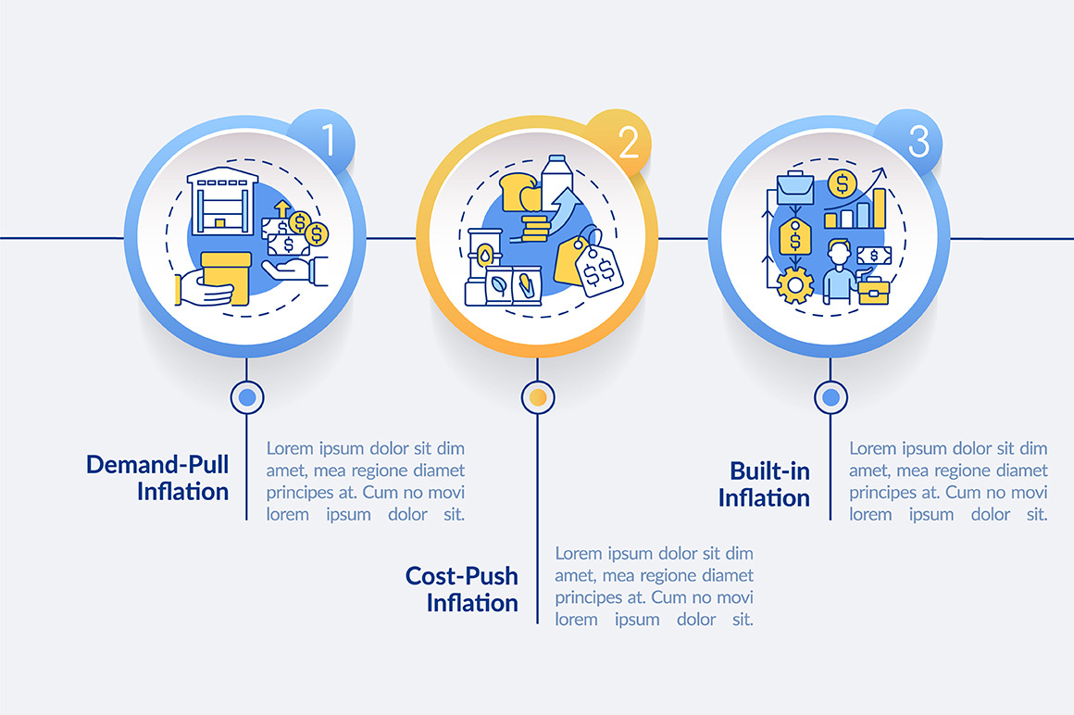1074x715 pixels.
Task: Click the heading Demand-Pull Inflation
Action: (157, 477)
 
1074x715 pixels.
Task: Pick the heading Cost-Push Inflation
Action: (461, 589)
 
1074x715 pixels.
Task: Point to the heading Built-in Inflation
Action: (764, 483)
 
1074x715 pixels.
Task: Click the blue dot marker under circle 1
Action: (246, 397)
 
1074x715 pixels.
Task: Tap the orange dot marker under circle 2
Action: (537, 397)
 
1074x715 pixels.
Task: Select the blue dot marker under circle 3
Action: (830, 397)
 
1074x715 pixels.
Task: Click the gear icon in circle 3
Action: (795, 285)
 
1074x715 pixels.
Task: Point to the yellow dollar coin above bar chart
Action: (841, 183)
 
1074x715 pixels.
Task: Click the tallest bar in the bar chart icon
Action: (879, 208)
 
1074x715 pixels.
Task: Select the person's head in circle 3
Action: (839, 252)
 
